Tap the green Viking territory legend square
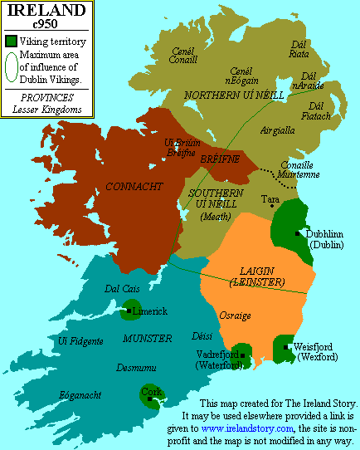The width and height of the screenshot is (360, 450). tap(10, 40)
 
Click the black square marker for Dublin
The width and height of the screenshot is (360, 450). tap(296, 233)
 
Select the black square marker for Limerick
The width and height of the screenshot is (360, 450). tap(129, 311)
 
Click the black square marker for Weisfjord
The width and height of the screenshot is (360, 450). tap(286, 347)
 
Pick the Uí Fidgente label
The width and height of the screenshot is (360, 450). tap(76, 340)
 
